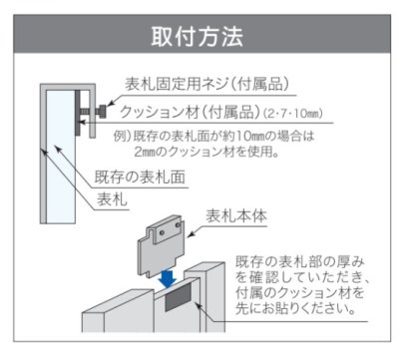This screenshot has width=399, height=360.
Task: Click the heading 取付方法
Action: coord(198,36)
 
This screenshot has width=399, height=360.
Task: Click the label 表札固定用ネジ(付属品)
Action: coord(206,84)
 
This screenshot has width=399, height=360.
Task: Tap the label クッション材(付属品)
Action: coord(190,112)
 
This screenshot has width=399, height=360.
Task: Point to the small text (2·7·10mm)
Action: coord(293,114)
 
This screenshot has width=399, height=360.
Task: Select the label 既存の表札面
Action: coord(140,177)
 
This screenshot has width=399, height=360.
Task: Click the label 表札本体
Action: coord(236,216)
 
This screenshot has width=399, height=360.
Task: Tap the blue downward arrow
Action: coord(167,278)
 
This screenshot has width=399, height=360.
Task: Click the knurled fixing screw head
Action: coord(102,111)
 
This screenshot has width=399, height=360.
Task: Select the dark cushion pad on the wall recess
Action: coord(179,297)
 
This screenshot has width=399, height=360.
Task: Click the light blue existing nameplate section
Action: coord(61,157)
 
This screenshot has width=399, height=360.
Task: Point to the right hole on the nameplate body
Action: coord(178,225)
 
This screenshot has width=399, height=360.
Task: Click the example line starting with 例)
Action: coord(213,137)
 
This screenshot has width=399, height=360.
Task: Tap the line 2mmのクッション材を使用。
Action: coord(206,152)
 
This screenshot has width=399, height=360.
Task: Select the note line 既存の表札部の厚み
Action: coord(300,262)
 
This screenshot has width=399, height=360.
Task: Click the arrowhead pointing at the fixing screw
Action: coord(110,104)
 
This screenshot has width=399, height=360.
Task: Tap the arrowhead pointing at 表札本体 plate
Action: coord(191,234)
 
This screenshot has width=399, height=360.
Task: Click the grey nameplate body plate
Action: coord(160,245)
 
